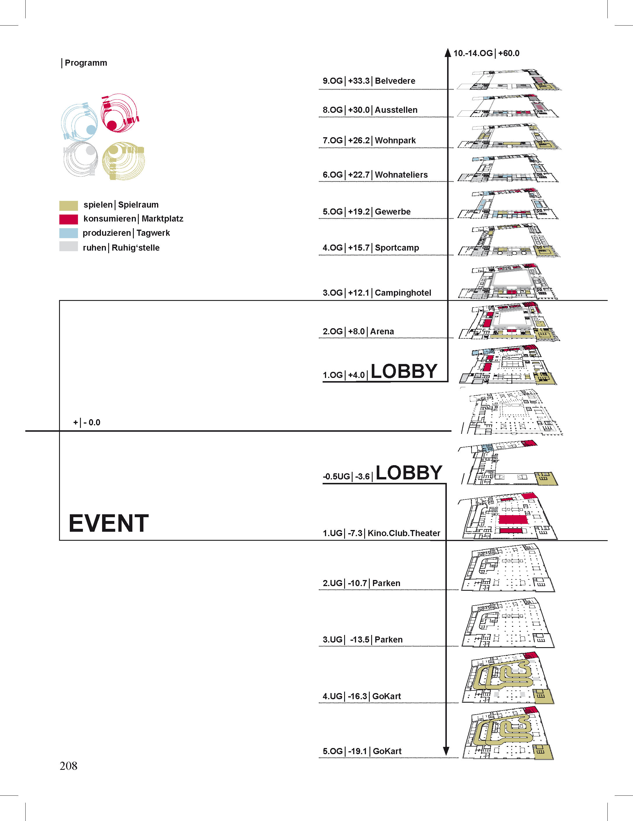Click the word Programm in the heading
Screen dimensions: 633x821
point(86,63)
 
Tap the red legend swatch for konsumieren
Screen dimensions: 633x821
point(68,219)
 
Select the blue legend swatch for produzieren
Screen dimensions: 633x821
point(68,233)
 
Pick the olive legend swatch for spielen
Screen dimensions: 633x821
point(68,205)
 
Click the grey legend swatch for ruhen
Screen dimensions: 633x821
point(68,247)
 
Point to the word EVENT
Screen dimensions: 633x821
point(109,523)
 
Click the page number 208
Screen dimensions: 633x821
point(68,766)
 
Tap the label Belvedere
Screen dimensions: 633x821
point(395,81)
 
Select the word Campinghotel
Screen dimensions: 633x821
point(403,293)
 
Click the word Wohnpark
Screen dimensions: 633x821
point(395,141)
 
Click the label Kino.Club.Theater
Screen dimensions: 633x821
point(404,533)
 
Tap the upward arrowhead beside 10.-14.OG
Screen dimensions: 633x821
point(448,53)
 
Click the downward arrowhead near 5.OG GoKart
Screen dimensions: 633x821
point(446,751)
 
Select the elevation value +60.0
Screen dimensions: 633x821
point(508,53)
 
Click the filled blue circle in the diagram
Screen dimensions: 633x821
point(91,130)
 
